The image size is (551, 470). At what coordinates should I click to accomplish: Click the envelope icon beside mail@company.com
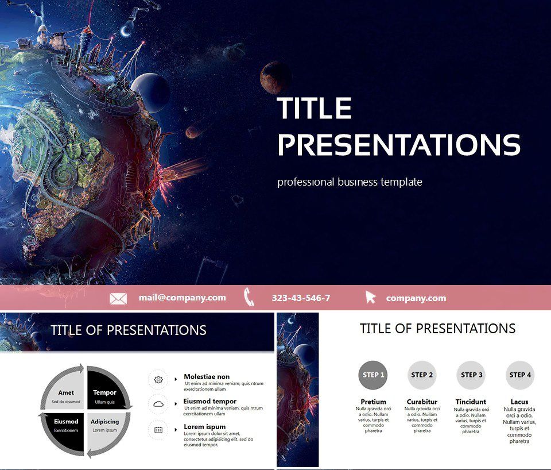point(118,298)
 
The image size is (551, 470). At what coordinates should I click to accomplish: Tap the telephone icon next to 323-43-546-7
point(249,297)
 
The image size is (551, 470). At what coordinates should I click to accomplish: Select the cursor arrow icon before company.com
point(371,297)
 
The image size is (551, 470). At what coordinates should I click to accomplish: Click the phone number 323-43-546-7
point(301,298)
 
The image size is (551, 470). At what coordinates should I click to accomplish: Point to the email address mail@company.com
point(182,298)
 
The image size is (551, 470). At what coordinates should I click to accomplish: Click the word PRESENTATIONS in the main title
point(399,145)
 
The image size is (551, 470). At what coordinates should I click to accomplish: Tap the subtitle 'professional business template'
point(350,182)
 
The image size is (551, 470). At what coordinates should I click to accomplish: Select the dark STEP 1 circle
point(373,375)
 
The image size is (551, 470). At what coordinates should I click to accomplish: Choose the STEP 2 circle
point(422,375)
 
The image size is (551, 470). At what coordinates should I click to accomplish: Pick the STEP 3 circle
point(471,375)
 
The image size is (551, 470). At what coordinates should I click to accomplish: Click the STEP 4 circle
point(520,375)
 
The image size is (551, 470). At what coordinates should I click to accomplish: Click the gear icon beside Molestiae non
point(158,380)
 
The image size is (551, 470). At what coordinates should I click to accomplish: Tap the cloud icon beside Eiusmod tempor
point(158,404)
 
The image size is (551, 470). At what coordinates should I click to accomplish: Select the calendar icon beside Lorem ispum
point(158,430)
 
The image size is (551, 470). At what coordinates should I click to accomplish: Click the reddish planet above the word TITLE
point(274,78)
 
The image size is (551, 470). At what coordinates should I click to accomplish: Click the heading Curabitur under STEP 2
point(422,402)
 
